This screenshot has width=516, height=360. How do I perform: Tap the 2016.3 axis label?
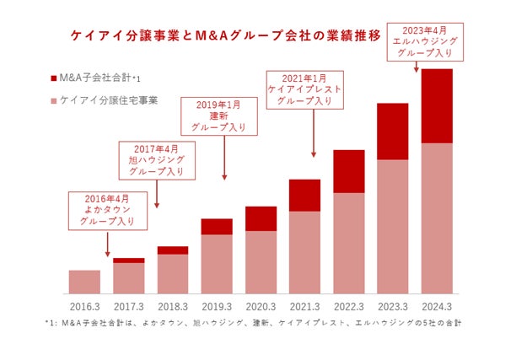(84, 305)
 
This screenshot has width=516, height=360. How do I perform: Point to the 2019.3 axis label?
(217, 305)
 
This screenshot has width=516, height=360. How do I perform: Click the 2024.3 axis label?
(436, 305)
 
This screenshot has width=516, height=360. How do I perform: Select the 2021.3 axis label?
(304, 305)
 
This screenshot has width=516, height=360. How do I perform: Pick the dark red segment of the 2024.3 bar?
(437, 106)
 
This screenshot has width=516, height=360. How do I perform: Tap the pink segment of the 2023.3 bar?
(393, 228)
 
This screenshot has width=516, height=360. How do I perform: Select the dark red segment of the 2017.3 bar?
(128, 261)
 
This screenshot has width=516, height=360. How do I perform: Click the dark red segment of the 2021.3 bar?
(304, 195)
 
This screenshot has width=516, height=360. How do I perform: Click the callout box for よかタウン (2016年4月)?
(107, 211)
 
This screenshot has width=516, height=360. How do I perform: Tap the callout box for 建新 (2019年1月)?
(223, 116)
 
